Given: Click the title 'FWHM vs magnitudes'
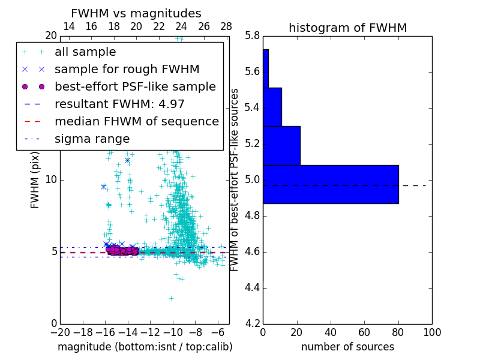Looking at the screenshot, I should point(136,13).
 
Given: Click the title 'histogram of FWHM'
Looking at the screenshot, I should point(347,28).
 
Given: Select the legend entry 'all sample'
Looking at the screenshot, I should point(85,52).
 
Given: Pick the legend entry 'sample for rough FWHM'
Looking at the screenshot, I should point(127,70).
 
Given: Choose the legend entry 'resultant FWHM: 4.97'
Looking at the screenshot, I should point(119,104).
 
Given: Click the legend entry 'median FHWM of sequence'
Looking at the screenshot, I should point(136,121).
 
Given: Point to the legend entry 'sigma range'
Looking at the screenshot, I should point(92,139).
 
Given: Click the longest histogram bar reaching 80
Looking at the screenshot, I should point(331,184).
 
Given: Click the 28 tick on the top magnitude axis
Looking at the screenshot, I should point(226,26).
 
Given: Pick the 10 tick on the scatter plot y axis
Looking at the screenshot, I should point(51,180).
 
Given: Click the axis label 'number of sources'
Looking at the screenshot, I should point(347,347).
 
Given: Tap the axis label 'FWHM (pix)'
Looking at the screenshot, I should point(35,179).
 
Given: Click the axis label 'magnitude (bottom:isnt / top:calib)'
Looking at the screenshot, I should point(145,347).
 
